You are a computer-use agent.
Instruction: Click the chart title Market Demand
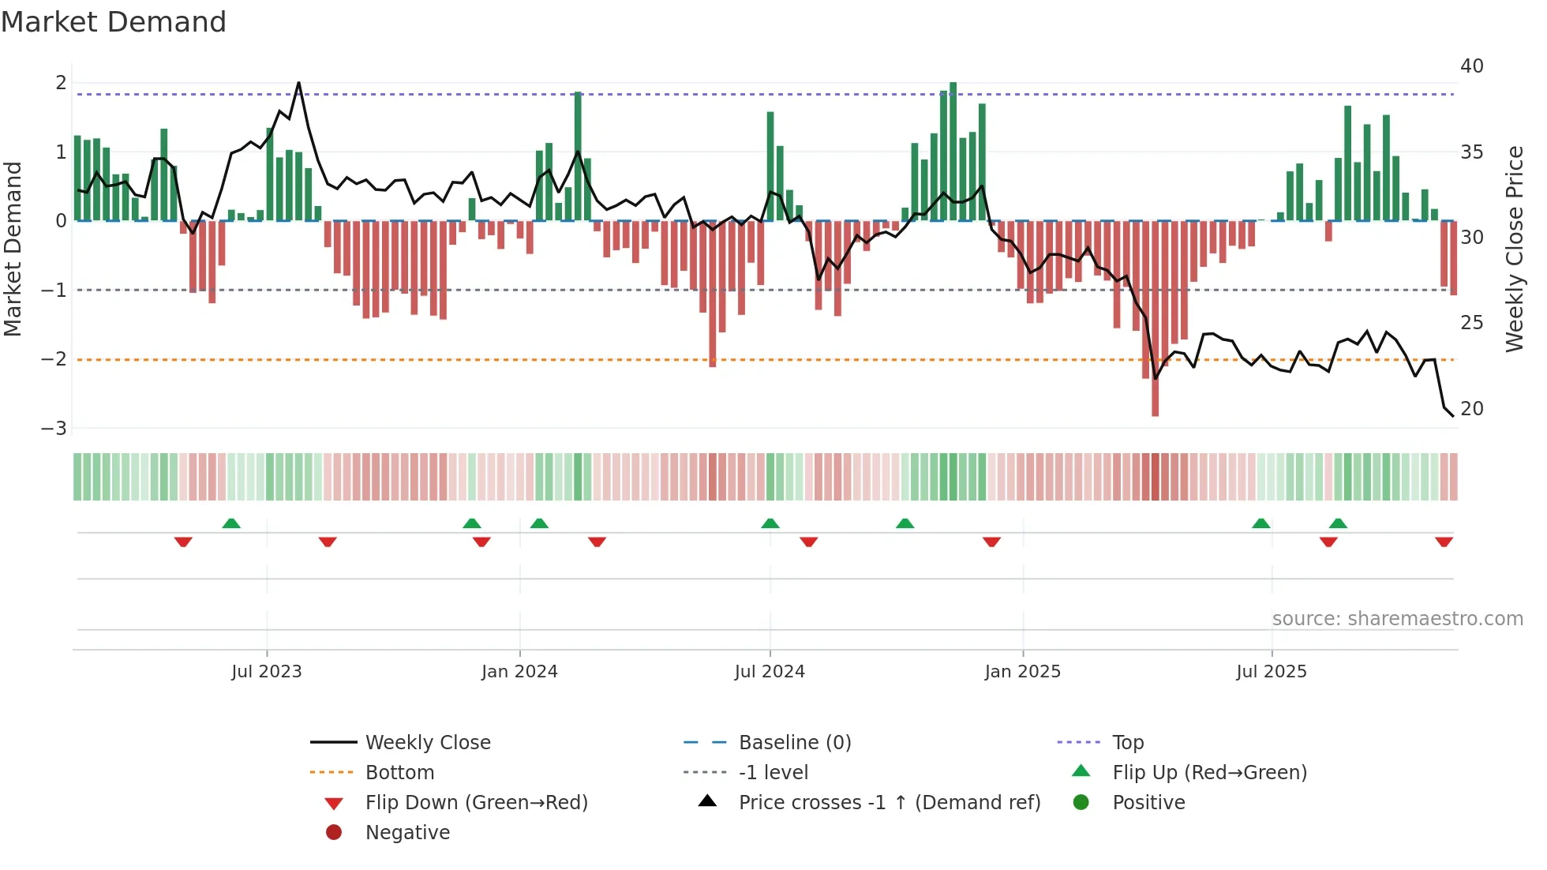tap(114, 22)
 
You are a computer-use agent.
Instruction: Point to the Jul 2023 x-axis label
tap(266, 672)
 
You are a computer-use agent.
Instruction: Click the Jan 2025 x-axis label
tap(1022, 672)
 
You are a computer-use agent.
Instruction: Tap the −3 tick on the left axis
tap(54, 429)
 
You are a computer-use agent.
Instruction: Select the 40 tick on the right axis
tap(1471, 66)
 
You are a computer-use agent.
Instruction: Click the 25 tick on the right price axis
tap(1471, 323)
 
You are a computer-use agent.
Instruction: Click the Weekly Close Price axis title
tap(1514, 249)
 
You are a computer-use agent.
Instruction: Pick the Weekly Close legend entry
tap(427, 743)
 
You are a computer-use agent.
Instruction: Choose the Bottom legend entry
tap(399, 773)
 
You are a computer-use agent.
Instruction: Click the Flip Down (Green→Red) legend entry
tap(476, 803)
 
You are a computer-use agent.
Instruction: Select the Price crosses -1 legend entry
tap(889, 803)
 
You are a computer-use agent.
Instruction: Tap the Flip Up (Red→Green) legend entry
tap(1209, 773)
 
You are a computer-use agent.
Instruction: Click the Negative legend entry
tap(407, 833)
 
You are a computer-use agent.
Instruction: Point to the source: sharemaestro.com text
tap(1397, 619)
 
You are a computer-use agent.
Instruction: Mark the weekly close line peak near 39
tap(298, 83)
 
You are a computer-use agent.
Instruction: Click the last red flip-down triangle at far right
tap(1444, 542)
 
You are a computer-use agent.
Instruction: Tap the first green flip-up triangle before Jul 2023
tap(231, 523)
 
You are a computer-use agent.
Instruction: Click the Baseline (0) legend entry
tap(794, 743)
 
